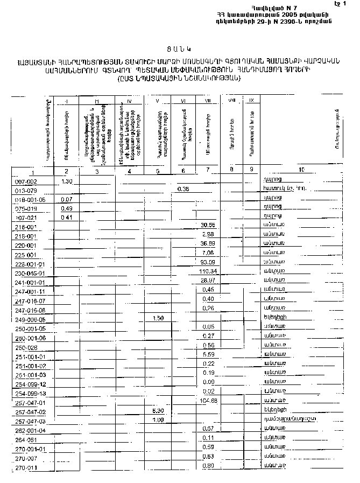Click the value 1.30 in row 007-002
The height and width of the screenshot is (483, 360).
(x=67, y=181)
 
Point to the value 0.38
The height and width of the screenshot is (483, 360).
(x=183, y=188)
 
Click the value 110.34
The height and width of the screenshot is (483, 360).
(x=207, y=270)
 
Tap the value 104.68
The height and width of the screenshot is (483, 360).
(x=207, y=401)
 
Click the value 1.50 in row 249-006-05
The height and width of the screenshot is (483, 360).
(x=158, y=318)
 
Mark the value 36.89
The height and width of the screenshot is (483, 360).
(x=208, y=243)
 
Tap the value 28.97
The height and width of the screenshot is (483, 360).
(x=208, y=280)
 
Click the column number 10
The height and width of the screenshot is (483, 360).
(x=301, y=170)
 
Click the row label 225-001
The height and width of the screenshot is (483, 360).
(x=25, y=255)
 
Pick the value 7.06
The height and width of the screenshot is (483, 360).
(x=208, y=252)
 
